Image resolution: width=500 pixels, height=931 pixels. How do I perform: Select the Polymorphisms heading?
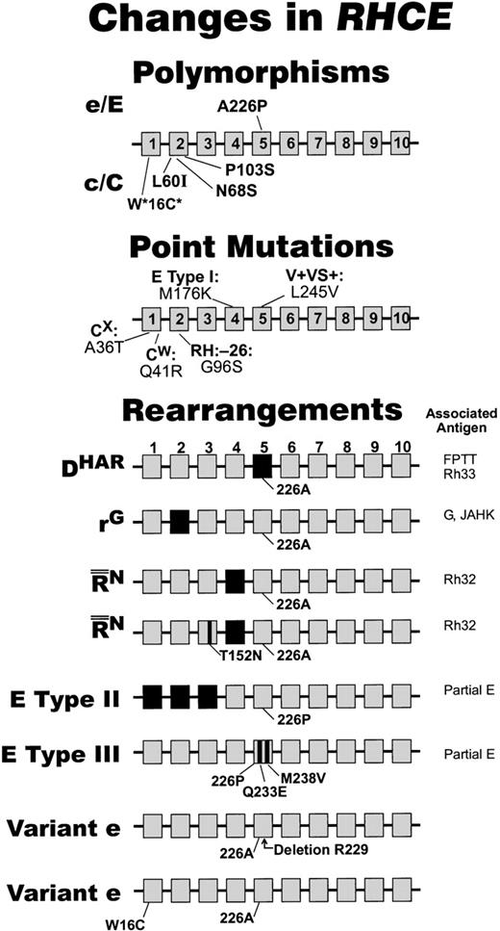click(x=249, y=73)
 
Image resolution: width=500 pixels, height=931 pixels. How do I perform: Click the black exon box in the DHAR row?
click(x=263, y=470)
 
